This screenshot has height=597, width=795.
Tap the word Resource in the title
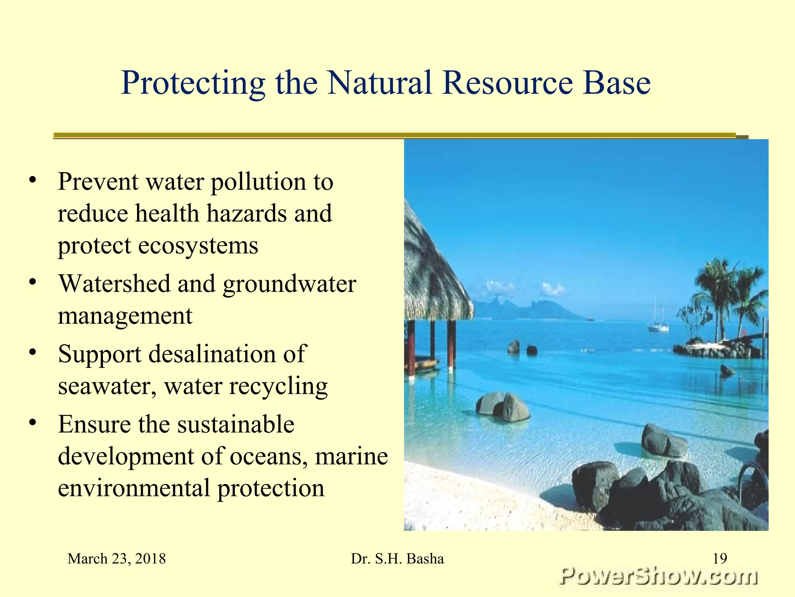[x=507, y=83]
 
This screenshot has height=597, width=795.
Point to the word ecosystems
[x=198, y=246]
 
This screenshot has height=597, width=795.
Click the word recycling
[x=278, y=387]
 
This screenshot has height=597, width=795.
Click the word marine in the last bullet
[x=351, y=456]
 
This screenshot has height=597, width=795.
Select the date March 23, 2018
[x=116, y=559]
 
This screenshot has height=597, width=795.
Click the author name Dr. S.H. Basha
[x=397, y=559]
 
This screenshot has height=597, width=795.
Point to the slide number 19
[x=720, y=559]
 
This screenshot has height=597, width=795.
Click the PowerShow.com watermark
[x=658, y=576]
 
